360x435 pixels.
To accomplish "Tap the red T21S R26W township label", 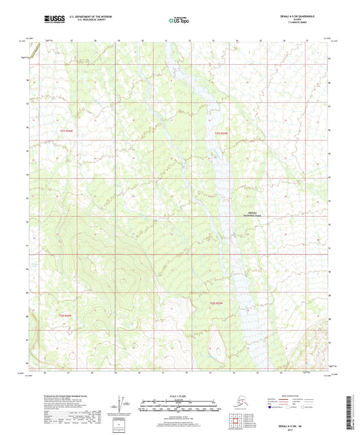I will (x=65, y=131).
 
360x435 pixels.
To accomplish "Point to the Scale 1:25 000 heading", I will (x=180, y=395).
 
